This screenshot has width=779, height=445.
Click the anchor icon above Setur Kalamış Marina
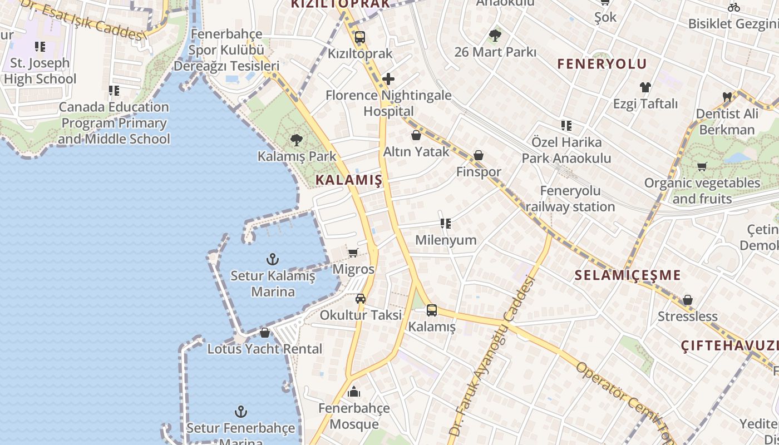coord(273,259)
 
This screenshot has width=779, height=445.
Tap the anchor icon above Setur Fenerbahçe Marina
coord(241,412)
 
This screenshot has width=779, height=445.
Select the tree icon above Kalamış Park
coord(297,140)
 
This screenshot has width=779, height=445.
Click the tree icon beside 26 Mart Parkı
coord(495,36)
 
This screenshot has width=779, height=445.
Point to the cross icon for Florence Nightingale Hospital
coord(388,79)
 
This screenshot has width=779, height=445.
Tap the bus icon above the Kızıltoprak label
coord(360,38)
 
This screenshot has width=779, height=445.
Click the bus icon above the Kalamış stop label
coord(432,310)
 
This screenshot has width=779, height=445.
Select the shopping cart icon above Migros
coord(353,253)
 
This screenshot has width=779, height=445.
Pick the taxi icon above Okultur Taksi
coord(361,299)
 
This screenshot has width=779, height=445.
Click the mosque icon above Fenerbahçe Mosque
coord(354,392)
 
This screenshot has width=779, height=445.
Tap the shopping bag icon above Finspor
coord(479,156)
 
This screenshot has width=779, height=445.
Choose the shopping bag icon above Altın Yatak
coord(416,135)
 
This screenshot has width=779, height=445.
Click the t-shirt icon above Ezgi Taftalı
coord(645,87)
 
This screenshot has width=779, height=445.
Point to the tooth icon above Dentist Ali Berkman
coord(727,97)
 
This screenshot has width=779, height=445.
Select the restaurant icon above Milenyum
coord(446,224)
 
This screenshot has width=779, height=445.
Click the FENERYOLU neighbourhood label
coord(602,64)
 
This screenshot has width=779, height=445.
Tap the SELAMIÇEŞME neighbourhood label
coord(628,275)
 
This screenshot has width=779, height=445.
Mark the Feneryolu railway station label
coord(570,199)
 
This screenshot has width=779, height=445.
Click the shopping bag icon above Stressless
coord(688,300)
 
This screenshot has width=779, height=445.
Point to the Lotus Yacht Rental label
coord(265,349)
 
